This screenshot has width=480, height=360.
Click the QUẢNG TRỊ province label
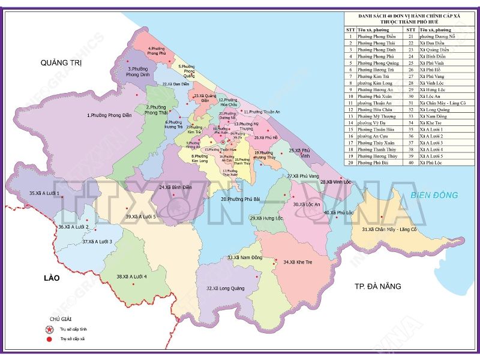click(x=61, y=62)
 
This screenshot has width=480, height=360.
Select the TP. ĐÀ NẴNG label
click(x=377, y=286)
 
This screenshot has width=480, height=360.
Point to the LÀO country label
click(x=52, y=278)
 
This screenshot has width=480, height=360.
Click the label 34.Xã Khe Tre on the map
click(x=298, y=262)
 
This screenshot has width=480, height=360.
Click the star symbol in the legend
click(x=50, y=330)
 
